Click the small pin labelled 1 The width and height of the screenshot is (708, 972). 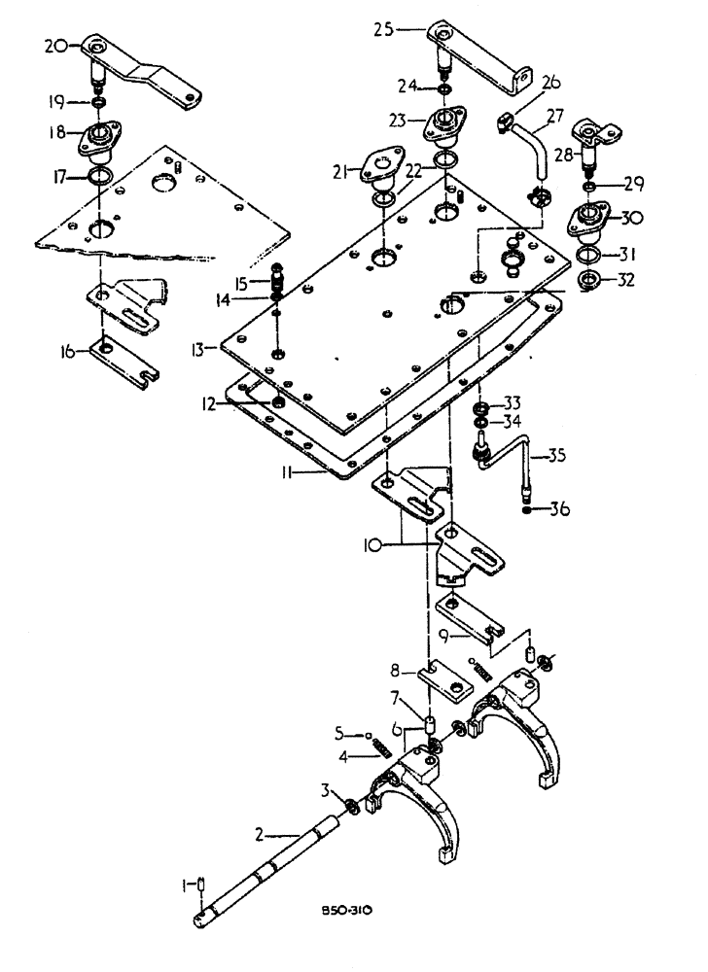(200, 884)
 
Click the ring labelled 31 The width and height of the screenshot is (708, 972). (586, 256)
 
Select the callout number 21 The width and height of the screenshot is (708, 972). (339, 172)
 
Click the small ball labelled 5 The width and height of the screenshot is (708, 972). (372, 735)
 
